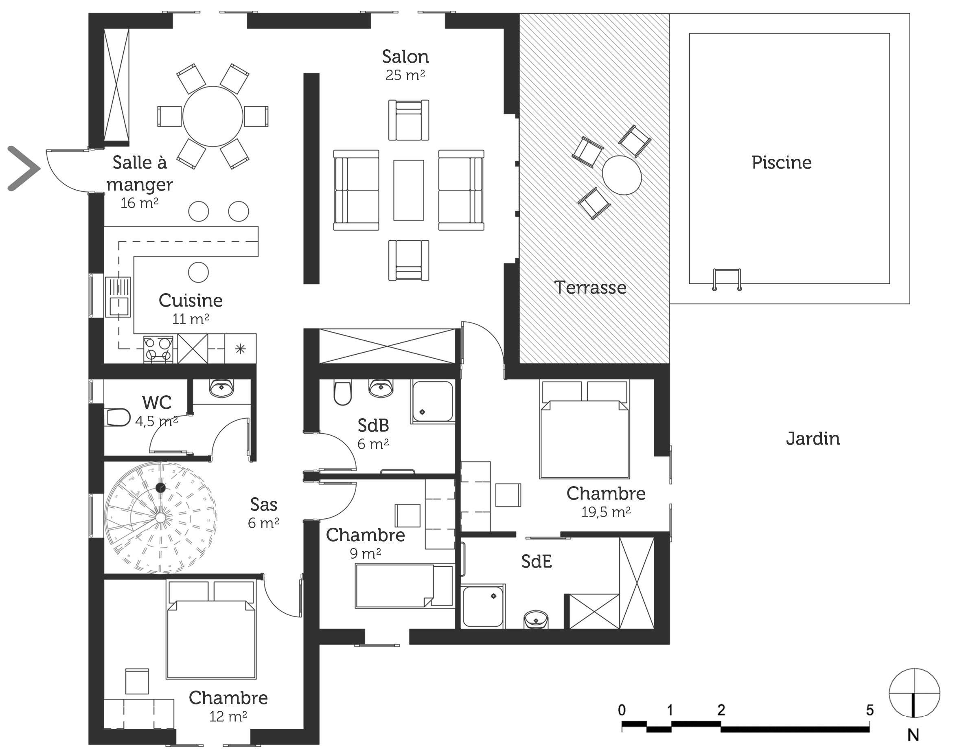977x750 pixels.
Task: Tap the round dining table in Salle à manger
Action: tap(213, 116)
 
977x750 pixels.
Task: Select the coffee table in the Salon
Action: tap(408, 190)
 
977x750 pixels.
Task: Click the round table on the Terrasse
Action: tap(622, 175)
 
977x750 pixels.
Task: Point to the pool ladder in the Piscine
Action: tap(727, 279)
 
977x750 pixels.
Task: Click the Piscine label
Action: tap(782, 162)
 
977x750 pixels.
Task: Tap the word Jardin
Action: tap(813, 439)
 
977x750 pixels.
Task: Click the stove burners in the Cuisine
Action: tap(158, 349)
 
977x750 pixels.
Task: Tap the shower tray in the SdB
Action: tap(432, 401)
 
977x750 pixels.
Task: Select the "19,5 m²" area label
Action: tap(606, 512)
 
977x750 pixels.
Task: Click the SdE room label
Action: tap(537, 561)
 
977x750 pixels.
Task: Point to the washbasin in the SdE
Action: tap(536, 620)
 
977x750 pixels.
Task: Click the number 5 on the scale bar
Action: tap(870, 710)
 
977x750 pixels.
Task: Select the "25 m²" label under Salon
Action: tap(405, 75)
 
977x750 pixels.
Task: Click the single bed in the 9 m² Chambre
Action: tap(404, 586)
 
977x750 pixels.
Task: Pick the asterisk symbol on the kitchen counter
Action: tap(240, 349)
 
